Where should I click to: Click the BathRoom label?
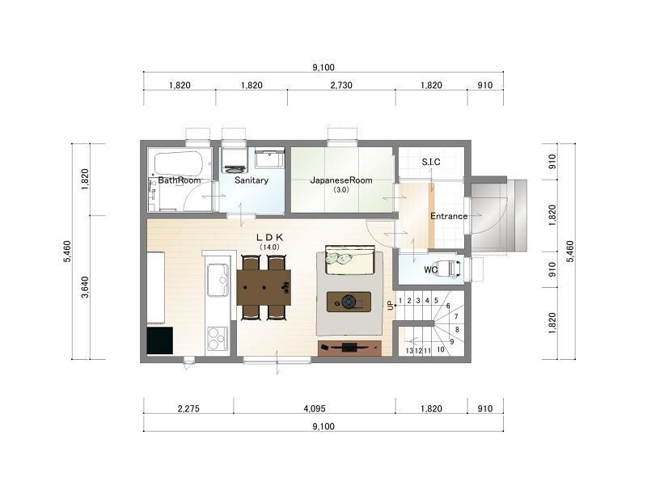[179, 180]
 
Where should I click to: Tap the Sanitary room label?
[252, 180]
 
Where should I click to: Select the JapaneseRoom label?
[341, 180]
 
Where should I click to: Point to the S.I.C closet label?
[431, 163]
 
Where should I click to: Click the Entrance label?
[449, 216]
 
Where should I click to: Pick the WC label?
[431, 270]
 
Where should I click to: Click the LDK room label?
[270, 237]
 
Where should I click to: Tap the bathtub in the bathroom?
[179, 164]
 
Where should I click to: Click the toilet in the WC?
[450, 268]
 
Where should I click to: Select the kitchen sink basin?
[218, 280]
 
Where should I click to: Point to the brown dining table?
[264, 287]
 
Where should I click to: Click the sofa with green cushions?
[350, 260]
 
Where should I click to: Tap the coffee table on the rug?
[349, 302]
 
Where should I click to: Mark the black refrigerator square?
[159, 340]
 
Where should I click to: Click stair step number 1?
[400, 301]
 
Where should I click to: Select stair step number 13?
[409, 351]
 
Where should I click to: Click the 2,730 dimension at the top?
[341, 86]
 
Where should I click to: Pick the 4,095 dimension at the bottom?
[315, 408]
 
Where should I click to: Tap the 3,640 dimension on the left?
[85, 287]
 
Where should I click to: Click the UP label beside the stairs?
[391, 306]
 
